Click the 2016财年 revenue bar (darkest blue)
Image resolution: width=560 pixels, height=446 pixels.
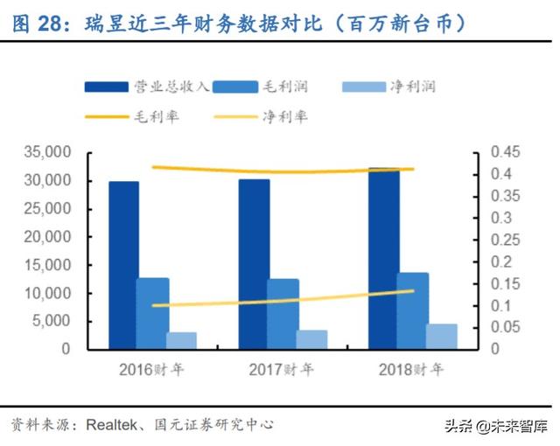pyautogui.click(x=123, y=265)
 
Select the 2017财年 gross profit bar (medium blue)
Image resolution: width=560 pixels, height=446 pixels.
pyautogui.click(x=283, y=314)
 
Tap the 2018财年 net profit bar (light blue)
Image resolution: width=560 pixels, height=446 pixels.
pyautogui.click(x=442, y=337)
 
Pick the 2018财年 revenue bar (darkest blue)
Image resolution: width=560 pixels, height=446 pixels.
pyautogui.click(x=383, y=259)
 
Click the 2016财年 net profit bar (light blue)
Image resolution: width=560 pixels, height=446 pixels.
pyautogui.click(x=181, y=340)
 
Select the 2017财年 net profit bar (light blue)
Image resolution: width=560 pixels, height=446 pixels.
pyautogui.click(x=311, y=339)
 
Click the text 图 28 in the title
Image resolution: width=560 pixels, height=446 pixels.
pyautogui.click(x=36, y=24)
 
